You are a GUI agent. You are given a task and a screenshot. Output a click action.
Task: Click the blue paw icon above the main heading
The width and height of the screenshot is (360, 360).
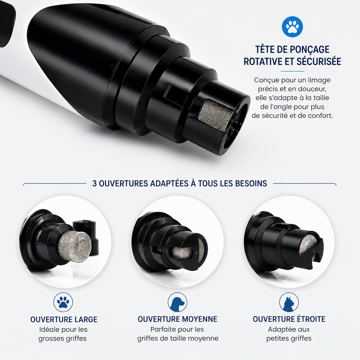pyautogui.click(x=292, y=27)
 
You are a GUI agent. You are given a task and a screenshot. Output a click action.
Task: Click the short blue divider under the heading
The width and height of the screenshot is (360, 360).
pyautogui.click(x=292, y=71)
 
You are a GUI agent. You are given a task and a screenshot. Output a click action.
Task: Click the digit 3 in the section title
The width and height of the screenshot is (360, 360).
pyautogui.click(x=94, y=184)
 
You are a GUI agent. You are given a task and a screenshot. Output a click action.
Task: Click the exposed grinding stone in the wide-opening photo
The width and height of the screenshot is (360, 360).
pyautogui.click(x=75, y=246)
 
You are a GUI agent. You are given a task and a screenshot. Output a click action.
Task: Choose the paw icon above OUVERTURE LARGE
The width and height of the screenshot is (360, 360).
pyautogui.click(x=63, y=302)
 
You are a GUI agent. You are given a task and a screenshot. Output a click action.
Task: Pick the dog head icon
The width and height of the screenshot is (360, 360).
pyautogui.click(x=177, y=302)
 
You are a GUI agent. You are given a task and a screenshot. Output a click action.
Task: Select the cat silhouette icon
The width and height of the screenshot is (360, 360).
pyautogui.click(x=289, y=302)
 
